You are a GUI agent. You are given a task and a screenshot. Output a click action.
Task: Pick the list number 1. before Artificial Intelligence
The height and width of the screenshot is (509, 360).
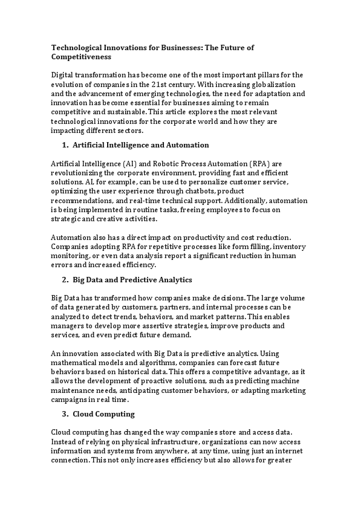(x=65, y=145)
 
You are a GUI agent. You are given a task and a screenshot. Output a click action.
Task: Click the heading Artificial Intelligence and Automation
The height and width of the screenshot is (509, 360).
(x=140, y=145)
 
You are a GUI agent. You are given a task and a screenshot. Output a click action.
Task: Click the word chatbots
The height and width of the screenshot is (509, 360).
(x=218, y=191)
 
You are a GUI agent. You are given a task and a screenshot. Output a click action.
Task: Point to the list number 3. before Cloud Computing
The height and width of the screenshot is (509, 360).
(x=65, y=414)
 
